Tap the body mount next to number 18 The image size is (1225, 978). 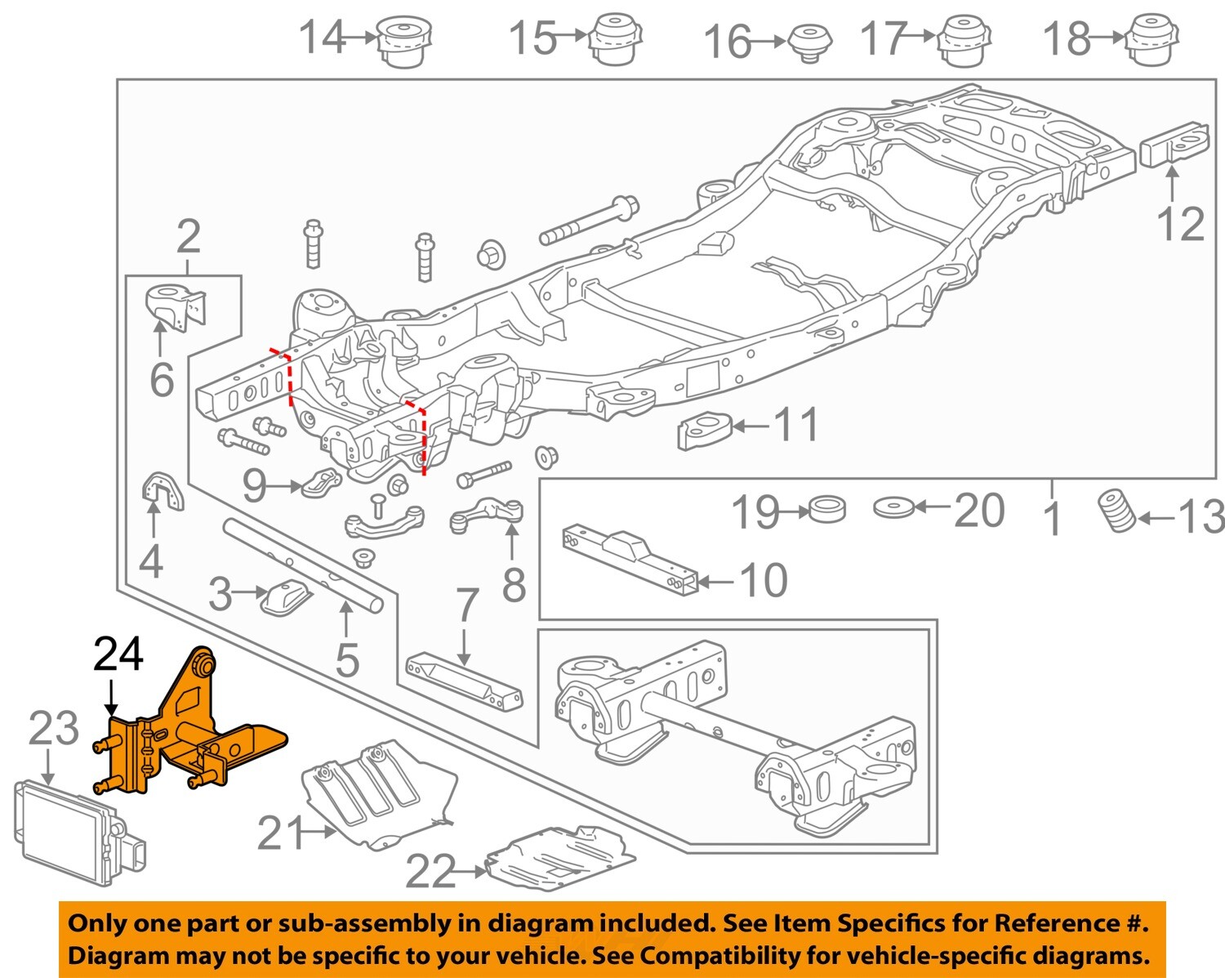(1153, 40)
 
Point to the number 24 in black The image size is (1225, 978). (118, 654)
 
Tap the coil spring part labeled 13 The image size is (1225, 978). (1116, 511)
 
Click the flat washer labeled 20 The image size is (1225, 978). (893, 507)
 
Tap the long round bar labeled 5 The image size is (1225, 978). (302, 564)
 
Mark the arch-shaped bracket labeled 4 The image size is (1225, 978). (163, 493)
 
